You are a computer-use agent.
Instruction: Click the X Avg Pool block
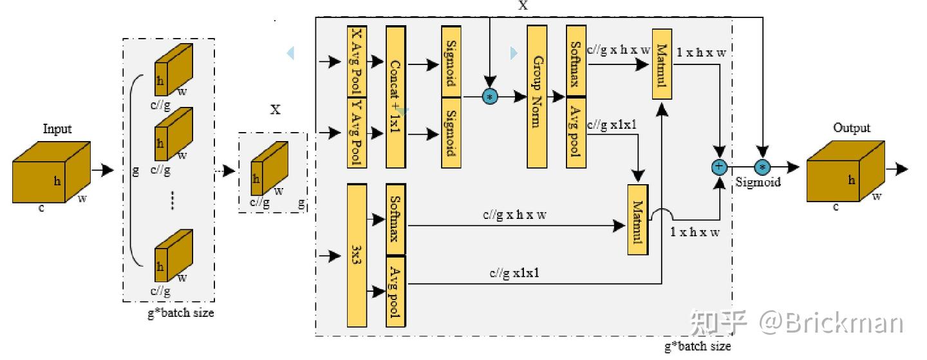(357, 61)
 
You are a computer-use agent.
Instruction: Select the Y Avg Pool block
(357, 133)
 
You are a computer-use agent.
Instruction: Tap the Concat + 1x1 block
(396, 97)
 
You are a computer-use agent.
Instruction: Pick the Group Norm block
(537, 97)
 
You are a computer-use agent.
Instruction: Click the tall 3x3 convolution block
(357, 255)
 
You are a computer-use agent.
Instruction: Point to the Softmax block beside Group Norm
(576, 61)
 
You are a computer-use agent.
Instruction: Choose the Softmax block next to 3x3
(396, 220)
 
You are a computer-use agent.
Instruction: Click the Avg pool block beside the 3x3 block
(396, 292)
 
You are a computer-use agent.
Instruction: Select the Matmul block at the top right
(662, 64)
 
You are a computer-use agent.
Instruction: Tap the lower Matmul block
(638, 220)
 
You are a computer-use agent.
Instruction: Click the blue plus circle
(719, 167)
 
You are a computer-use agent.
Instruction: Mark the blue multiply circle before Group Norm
(490, 97)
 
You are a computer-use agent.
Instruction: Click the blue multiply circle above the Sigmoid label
(762, 167)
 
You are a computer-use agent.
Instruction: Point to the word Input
(57, 129)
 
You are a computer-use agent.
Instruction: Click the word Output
(851, 128)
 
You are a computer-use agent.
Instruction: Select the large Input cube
(51, 172)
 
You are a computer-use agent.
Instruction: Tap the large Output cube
(845, 171)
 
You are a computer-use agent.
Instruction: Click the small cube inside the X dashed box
(269, 169)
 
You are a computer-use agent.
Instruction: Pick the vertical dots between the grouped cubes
(172, 200)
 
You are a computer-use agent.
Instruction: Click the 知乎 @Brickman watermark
(796, 323)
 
